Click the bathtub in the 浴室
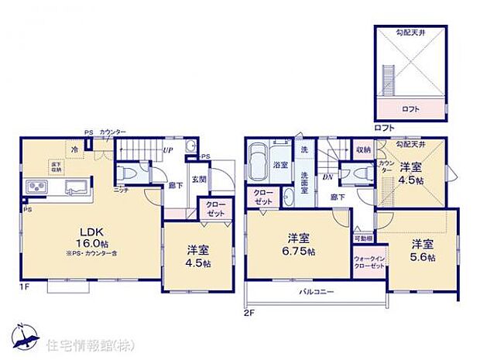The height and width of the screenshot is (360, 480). click(x=260, y=161)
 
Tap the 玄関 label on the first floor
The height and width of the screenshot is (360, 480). click(x=199, y=180)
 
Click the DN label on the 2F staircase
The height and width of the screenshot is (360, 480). click(x=327, y=177)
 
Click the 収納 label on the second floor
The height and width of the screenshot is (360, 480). click(x=363, y=149)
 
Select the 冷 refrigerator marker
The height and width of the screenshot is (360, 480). click(x=75, y=149)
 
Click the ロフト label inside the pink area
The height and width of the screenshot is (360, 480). click(x=411, y=109)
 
